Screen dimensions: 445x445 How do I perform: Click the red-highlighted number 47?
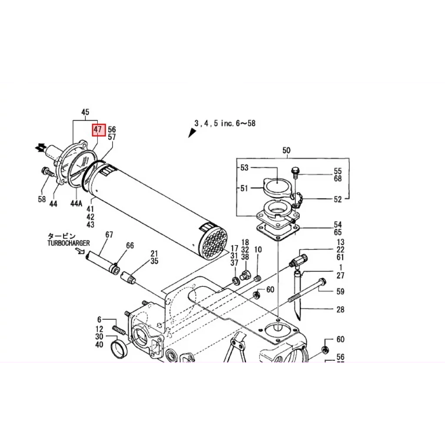(98, 130)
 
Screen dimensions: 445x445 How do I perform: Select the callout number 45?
(85, 113)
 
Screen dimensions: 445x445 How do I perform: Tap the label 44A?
(76, 203)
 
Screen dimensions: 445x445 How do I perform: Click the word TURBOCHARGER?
(69, 243)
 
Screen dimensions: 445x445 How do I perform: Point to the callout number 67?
(109, 235)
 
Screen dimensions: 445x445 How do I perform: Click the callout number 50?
(286, 151)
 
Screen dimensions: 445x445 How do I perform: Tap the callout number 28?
(340, 309)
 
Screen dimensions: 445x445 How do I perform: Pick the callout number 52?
(338, 199)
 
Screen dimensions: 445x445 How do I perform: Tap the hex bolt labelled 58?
(46, 171)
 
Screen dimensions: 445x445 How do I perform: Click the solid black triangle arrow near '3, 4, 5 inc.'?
(192, 133)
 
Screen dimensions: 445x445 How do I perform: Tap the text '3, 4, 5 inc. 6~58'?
(225, 123)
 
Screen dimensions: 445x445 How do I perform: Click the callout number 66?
(130, 246)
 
